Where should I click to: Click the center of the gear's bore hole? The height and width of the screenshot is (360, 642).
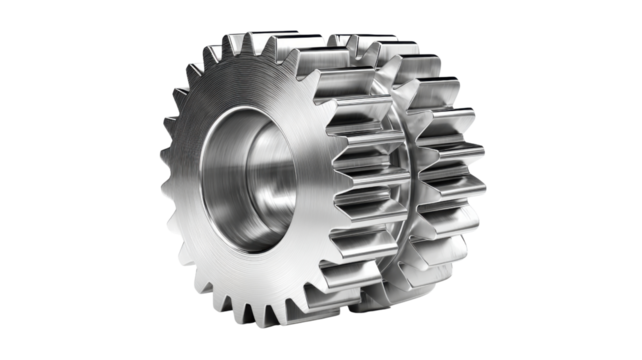click(257, 179)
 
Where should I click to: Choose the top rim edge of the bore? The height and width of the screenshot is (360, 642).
click(257, 108)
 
